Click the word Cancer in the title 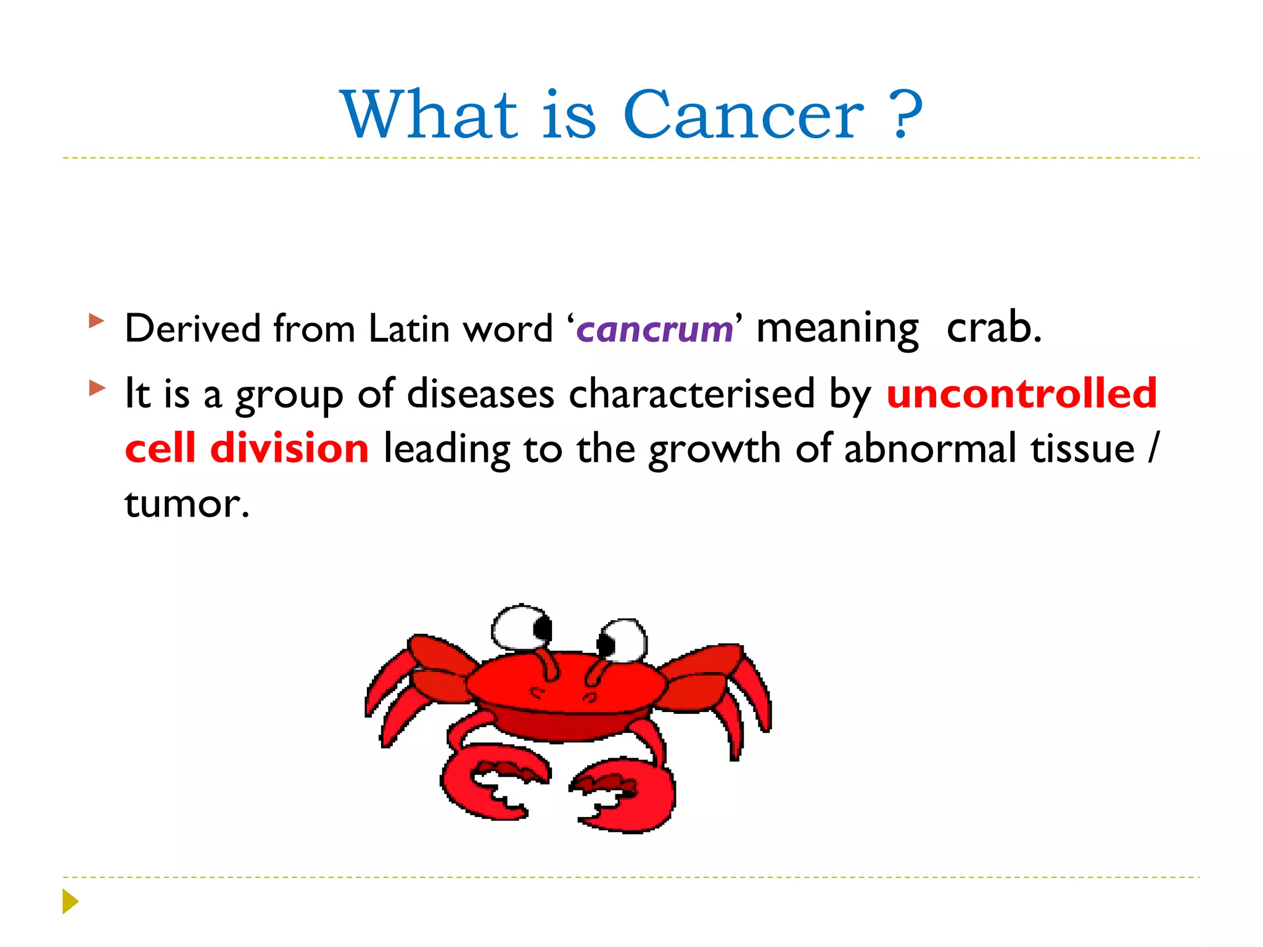point(743,115)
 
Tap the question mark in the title point(906,115)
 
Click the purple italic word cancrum point(654,329)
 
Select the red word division point(289,448)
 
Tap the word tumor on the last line point(186,504)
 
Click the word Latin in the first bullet point(409,328)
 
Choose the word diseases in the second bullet point(480,394)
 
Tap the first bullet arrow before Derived point(96,321)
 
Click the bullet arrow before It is point(97,388)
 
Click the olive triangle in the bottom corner point(70,901)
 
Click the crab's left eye point(522,628)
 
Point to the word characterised point(691,394)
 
